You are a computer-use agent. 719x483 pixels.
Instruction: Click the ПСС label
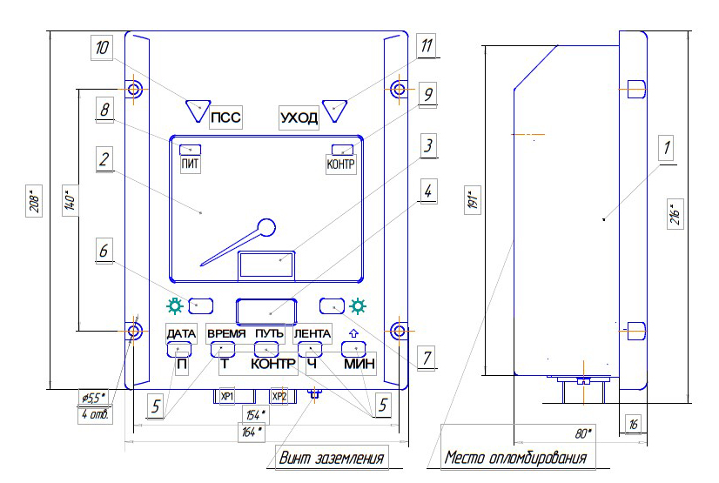(x=225, y=117)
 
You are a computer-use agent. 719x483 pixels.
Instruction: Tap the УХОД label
(x=299, y=118)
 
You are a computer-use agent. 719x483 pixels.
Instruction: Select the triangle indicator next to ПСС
(x=198, y=111)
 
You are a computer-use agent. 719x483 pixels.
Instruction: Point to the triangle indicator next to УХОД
(x=335, y=111)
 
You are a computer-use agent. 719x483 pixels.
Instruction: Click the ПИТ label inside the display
(x=190, y=164)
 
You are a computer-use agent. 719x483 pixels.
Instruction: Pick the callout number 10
(x=102, y=47)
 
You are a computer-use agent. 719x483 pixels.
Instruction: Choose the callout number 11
(x=427, y=46)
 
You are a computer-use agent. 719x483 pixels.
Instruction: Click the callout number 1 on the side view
(x=666, y=148)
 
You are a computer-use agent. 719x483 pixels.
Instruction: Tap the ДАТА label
(x=181, y=333)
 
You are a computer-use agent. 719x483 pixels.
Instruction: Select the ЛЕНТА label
(x=312, y=333)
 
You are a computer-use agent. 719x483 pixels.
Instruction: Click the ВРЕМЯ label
(x=226, y=333)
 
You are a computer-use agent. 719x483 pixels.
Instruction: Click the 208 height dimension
(x=34, y=201)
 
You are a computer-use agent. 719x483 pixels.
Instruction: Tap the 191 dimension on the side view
(x=473, y=200)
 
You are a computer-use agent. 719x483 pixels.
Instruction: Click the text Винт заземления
(x=332, y=458)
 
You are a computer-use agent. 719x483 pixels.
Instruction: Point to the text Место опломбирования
(x=516, y=458)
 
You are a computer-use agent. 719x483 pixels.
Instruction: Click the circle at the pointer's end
(x=265, y=228)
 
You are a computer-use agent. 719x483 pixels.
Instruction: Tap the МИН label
(x=359, y=364)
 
